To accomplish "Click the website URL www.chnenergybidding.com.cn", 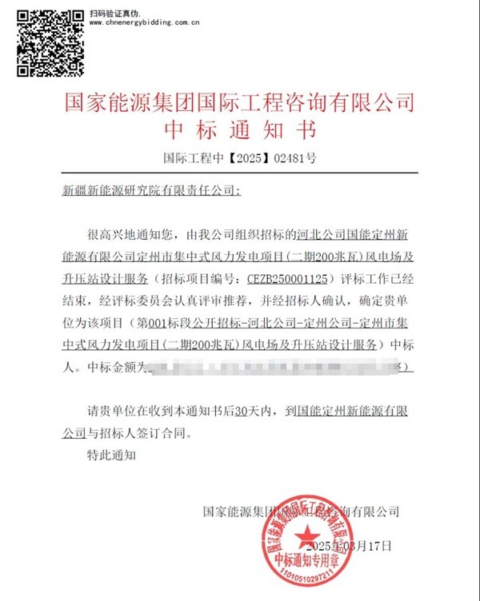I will click(x=145, y=23).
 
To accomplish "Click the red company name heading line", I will click(x=238, y=101).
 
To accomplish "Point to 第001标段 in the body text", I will click(x=168, y=324).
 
